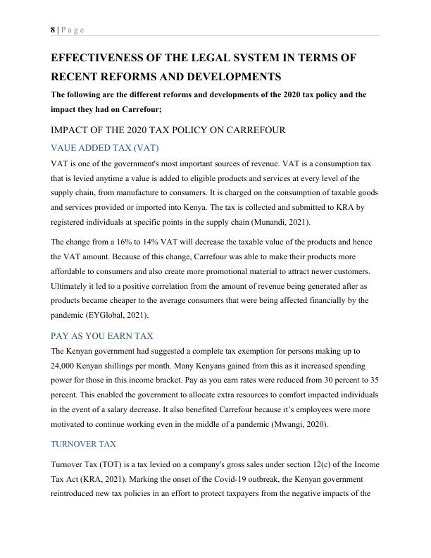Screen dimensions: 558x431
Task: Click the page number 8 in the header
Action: tap(53, 29)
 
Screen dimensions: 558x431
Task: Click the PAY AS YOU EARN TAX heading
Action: tap(102, 335)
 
